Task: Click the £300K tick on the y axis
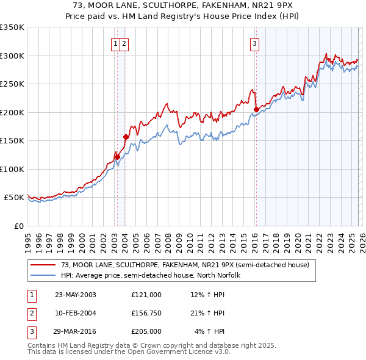pos(12,56)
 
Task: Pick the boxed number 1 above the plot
pos(115,43)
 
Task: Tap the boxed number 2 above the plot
pos(124,43)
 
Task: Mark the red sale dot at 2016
pos(256,110)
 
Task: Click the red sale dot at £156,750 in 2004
pos(126,137)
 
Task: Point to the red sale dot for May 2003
pos(118,157)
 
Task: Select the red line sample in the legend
pos(43,265)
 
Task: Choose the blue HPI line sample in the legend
pos(43,275)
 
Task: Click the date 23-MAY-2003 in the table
pos(76,295)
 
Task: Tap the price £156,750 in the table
pos(146,313)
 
